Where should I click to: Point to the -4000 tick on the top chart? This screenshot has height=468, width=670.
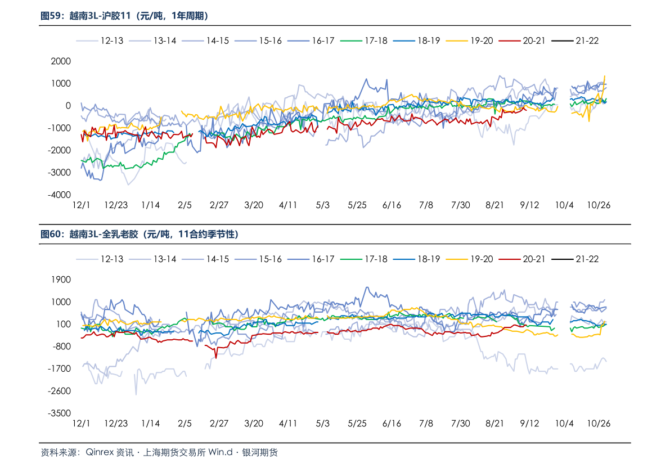(59, 195)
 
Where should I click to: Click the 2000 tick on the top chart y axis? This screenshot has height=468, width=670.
(61, 61)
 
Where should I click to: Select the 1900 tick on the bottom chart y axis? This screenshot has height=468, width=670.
(61, 280)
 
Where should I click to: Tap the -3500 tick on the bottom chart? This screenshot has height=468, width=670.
(59, 413)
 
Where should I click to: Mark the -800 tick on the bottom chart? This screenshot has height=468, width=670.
(61, 346)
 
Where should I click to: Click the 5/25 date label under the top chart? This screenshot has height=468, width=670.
(357, 205)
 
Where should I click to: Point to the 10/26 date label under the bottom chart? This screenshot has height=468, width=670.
(599, 424)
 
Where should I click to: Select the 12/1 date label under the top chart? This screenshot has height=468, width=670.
(81, 205)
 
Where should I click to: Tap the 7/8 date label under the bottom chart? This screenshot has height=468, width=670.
(426, 424)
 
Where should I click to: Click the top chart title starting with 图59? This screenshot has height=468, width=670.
(124, 16)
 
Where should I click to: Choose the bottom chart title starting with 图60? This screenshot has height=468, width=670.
(140, 234)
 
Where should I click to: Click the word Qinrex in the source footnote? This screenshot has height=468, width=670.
(99, 452)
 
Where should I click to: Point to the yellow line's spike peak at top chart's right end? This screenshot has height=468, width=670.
(605, 76)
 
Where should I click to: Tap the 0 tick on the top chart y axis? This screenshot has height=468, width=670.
(68, 106)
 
